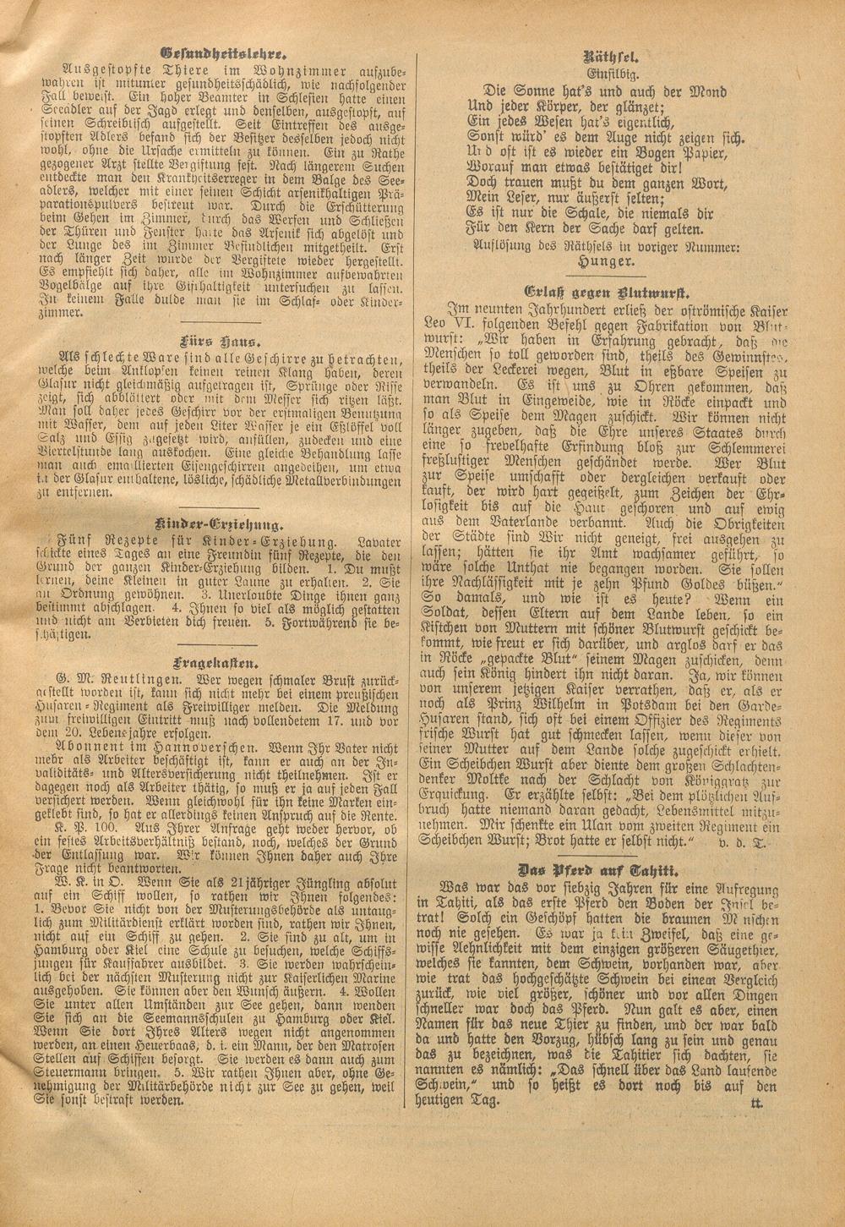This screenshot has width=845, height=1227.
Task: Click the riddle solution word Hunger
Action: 611,263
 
